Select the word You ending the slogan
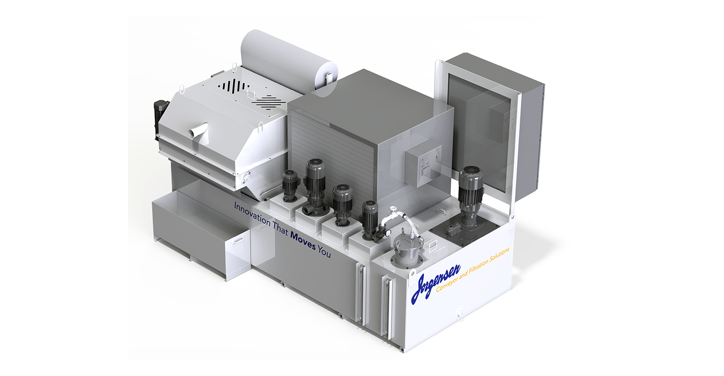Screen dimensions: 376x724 click(x=324, y=252)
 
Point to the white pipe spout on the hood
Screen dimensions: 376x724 click(x=197, y=131)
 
